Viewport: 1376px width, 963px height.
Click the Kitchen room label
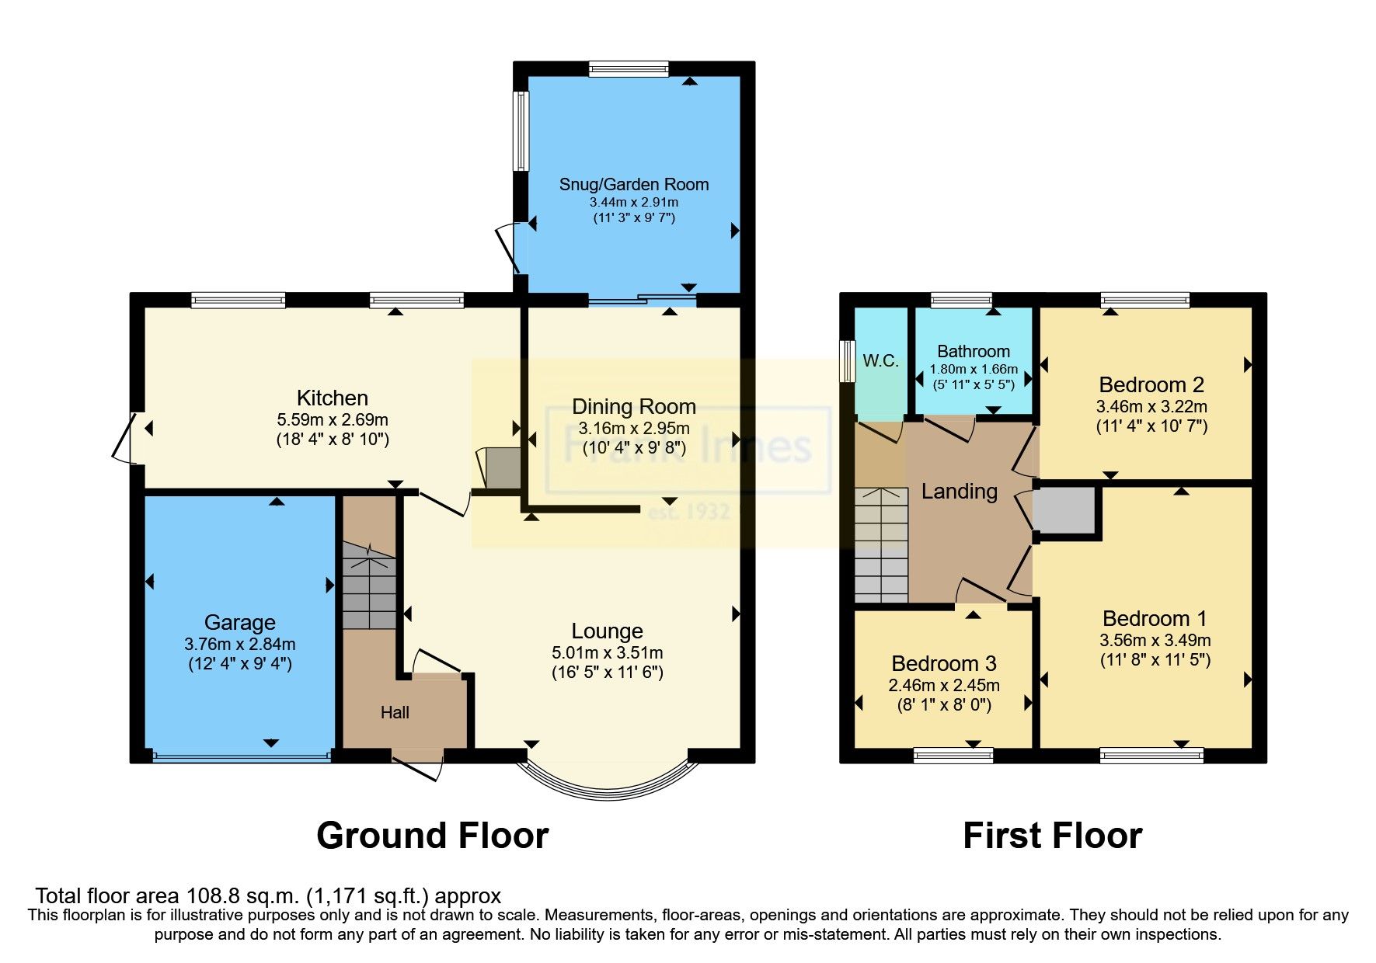tap(333, 398)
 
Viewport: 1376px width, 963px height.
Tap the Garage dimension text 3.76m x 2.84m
tap(239, 644)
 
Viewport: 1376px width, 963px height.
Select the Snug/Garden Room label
tap(634, 184)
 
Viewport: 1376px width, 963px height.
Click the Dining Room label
tap(633, 406)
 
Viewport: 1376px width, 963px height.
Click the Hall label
tap(395, 712)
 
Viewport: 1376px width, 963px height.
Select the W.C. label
tap(880, 360)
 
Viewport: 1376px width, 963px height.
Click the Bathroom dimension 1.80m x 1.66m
tap(974, 369)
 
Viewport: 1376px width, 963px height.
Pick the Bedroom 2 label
tap(1151, 384)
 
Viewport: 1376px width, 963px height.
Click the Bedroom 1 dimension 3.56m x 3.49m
tap(1155, 640)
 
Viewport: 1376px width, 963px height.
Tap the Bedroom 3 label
tap(943, 663)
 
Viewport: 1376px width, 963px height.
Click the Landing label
tap(959, 491)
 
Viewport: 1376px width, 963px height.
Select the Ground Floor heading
tap(432, 836)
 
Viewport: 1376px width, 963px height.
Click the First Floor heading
tap(1052, 836)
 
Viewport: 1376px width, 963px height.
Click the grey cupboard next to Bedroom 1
tap(1064, 510)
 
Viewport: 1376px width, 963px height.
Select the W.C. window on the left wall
tap(848, 360)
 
